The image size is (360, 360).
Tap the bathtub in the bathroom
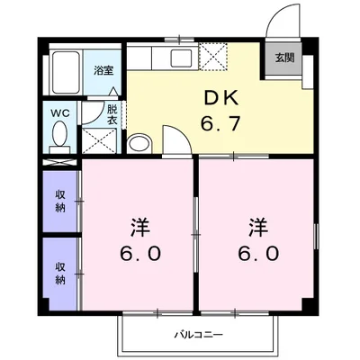tap(65, 68)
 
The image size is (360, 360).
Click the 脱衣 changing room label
tap(112, 114)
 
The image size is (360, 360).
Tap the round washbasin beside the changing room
tap(140, 145)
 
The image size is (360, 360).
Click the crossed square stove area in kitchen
tap(213, 56)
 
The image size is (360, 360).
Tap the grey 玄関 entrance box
tap(283, 58)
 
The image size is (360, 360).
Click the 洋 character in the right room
tap(256, 225)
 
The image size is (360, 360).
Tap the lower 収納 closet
tap(59, 273)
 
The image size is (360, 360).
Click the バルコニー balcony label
tap(199, 335)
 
